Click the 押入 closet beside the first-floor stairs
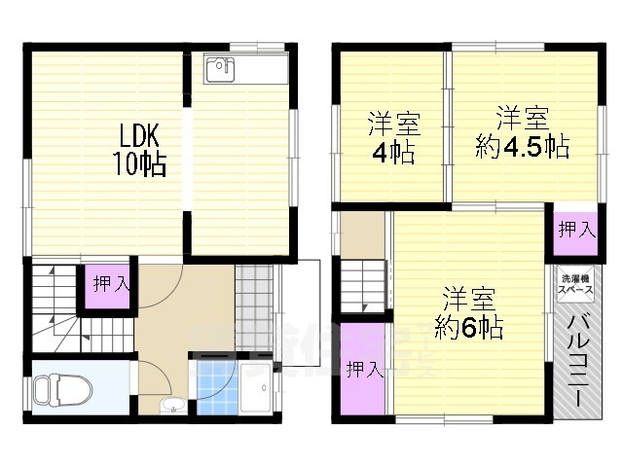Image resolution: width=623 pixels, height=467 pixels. click(x=106, y=284)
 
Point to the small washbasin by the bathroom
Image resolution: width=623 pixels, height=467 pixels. click(x=173, y=406)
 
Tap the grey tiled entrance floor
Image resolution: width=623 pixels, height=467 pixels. click(x=255, y=291)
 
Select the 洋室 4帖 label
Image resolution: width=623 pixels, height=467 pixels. click(x=393, y=138)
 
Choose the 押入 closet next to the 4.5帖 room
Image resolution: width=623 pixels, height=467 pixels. click(x=576, y=231)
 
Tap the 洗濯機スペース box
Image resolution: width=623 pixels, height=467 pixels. click(x=574, y=285)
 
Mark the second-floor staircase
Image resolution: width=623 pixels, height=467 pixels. click(x=364, y=286)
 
